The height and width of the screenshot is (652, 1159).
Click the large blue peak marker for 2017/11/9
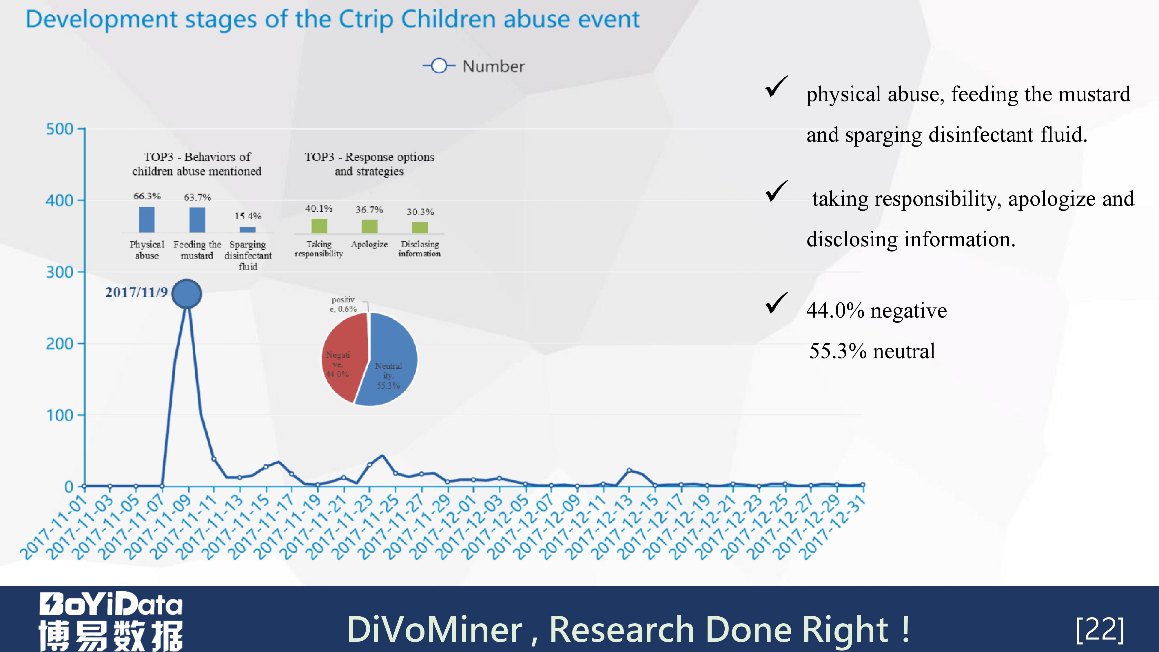pyautogui.click(x=186, y=293)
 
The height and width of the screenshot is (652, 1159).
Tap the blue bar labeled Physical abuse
pyautogui.click(x=147, y=220)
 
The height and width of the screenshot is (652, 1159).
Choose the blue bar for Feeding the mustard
pyautogui.click(x=197, y=220)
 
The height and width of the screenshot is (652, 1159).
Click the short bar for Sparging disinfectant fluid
pyautogui.click(x=247, y=230)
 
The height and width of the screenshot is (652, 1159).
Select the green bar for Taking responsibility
pyautogui.click(x=319, y=226)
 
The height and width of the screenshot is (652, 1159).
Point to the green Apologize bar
pyautogui.click(x=369, y=226)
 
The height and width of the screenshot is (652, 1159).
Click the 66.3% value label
pyautogui.click(x=147, y=196)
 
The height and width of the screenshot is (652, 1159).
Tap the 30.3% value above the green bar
pyautogui.click(x=420, y=212)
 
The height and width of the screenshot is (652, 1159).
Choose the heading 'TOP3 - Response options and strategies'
pyautogui.click(x=369, y=164)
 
